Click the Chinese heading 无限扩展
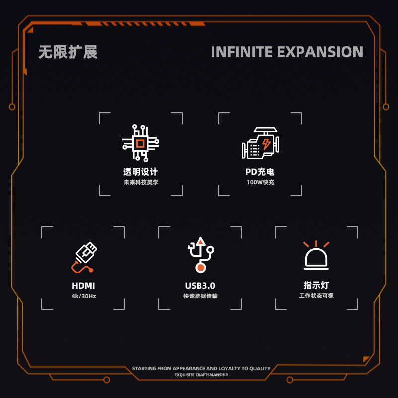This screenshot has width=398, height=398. click(x=68, y=52)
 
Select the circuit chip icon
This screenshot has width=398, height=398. click(x=141, y=143)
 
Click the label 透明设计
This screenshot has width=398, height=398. click(x=141, y=172)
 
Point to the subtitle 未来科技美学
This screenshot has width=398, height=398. click(x=141, y=182)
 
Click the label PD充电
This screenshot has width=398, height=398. click(x=260, y=172)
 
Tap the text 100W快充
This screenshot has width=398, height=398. click(x=260, y=182)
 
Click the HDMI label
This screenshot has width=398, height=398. click(x=83, y=286)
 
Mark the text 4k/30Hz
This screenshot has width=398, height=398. click(x=83, y=296)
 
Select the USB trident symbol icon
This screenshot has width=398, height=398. click(x=200, y=254)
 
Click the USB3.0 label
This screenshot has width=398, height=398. click(x=200, y=286)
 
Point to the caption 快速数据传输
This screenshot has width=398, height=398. click(x=200, y=296)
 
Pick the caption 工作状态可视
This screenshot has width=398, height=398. click(x=316, y=296)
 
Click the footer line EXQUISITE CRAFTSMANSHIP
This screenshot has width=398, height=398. click(x=201, y=375)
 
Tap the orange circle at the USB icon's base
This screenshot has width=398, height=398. click(x=200, y=268)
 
